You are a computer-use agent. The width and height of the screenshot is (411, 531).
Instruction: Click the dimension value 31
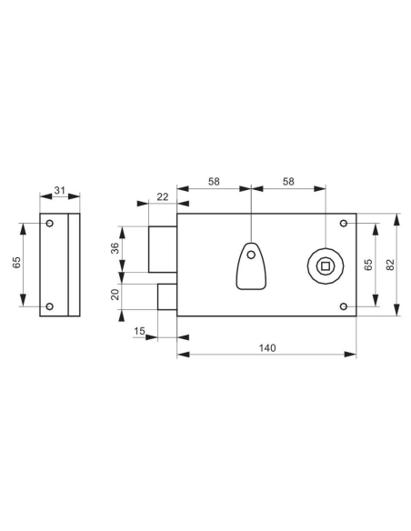click(x=60, y=190)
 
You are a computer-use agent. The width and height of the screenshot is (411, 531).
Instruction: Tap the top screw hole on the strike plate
click(x=50, y=223)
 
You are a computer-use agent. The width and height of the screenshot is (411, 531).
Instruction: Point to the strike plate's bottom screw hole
click(x=50, y=306)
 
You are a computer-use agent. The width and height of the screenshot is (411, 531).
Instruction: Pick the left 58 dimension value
click(x=213, y=182)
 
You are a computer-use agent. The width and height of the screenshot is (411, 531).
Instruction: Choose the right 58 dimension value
click(x=287, y=182)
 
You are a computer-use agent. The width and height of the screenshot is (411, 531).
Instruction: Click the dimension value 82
click(x=390, y=264)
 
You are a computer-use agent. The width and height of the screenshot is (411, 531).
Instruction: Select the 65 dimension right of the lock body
click(x=367, y=264)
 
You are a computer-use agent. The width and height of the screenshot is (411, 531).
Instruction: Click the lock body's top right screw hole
click(x=343, y=223)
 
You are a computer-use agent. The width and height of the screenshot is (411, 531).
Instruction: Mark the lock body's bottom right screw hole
click(x=343, y=306)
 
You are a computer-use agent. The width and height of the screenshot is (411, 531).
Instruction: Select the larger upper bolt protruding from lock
click(x=163, y=248)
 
